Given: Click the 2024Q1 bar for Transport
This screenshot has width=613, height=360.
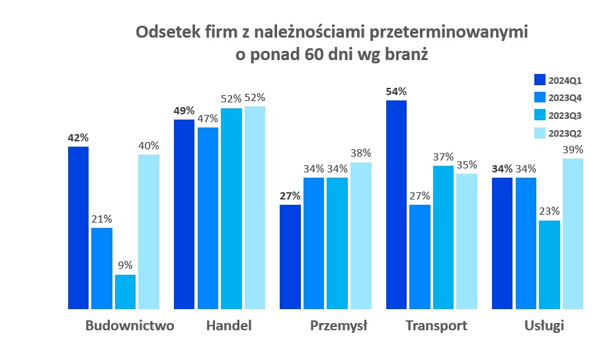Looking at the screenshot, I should (396, 205).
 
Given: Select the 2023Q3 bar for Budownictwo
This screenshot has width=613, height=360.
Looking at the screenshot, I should (125, 292).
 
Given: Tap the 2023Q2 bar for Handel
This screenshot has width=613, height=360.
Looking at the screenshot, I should (255, 207).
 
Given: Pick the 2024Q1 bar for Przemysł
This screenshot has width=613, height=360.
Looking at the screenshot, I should (290, 257).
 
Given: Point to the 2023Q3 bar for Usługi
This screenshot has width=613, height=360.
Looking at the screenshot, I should (549, 265).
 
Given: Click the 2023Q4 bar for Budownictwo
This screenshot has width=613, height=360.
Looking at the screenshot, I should (102, 268).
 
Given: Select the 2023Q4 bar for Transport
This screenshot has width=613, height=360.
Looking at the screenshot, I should (419, 257).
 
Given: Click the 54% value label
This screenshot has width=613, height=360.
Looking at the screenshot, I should (396, 91).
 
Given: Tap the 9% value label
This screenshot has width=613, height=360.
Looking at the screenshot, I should (125, 266).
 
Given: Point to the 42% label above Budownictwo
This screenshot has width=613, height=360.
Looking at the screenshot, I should (78, 137).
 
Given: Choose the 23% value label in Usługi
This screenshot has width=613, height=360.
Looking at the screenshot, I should (549, 211).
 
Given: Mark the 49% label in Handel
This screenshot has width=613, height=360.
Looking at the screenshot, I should (184, 111).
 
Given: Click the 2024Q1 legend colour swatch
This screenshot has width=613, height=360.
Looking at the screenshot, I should (540, 81).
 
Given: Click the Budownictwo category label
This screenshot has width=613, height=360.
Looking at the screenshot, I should (130, 326).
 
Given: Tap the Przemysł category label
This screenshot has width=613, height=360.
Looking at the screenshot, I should (339, 326).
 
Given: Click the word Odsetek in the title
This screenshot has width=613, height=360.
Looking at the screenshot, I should (165, 32).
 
